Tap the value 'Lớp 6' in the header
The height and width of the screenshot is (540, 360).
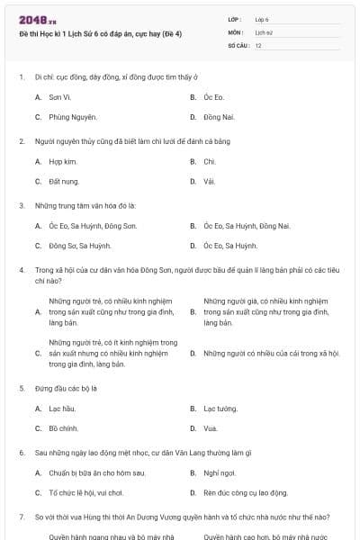coord(262,19)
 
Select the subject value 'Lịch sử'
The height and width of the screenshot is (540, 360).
coord(263,32)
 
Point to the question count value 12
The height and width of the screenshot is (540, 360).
coord(258,45)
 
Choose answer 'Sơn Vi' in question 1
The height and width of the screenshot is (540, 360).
coord(60,96)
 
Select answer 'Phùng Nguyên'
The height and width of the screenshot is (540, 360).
coord(72,117)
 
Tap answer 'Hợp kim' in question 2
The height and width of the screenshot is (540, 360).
coord(62,161)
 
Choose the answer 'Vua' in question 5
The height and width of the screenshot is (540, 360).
coord(211,428)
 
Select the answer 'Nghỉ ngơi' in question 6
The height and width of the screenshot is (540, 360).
coord(219,472)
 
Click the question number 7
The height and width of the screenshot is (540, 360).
coord(21,517)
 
